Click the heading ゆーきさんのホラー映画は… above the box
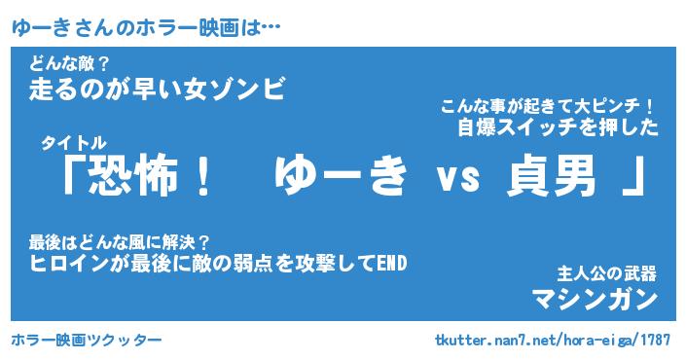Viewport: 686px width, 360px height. pyautogui.click(x=146, y=28)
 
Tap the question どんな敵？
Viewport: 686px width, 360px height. pyautogui.click(x=69, y=65)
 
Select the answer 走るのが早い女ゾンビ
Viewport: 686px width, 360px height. pyautogui.click(x=158, y=89)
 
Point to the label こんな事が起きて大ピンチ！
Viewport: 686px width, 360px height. pyautogui.click(x=547, y=106)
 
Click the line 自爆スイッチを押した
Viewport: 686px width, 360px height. pyautogui.click(x=558, y=127)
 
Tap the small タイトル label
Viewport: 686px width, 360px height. pyautogui.click(x=74, y=143)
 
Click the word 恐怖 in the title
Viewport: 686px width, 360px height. pyautogui.click(x=134, y=176)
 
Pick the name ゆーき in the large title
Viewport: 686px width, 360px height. pyautogui.click(x=341, y=176)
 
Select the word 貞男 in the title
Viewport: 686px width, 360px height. pyautogui.click(x=552, y=176)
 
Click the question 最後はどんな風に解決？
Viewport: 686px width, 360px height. pyautogui.click(x=120, y=242)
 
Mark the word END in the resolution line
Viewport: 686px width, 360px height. pyautogui.click(x=392, y=264)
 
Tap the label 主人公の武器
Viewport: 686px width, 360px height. pyautogui.click(x=606, y=273)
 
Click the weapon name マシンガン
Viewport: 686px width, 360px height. pyautogui.click(x=595, y=300)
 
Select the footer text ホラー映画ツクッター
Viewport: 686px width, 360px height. pyautogui.click(x=87, y=340)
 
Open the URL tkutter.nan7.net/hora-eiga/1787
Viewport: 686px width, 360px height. pyautogui.click(x=553, y=340)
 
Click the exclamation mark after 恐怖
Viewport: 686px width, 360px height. pyautogui.click(x=202, y=176)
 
